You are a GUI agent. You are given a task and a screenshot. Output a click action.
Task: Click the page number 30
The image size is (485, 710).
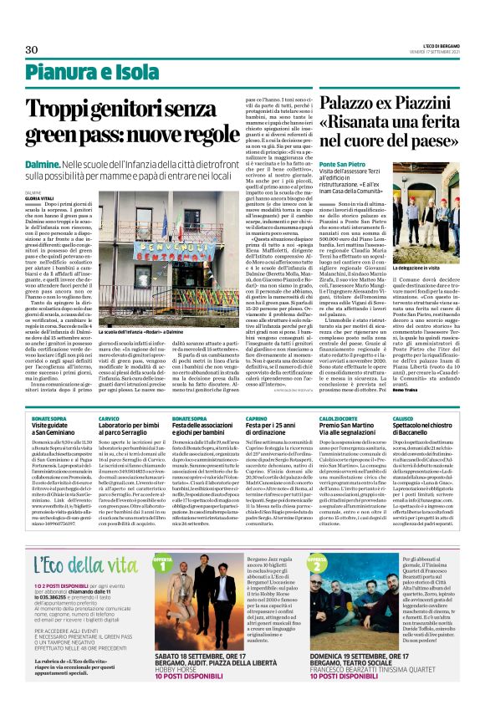point(32,50)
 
